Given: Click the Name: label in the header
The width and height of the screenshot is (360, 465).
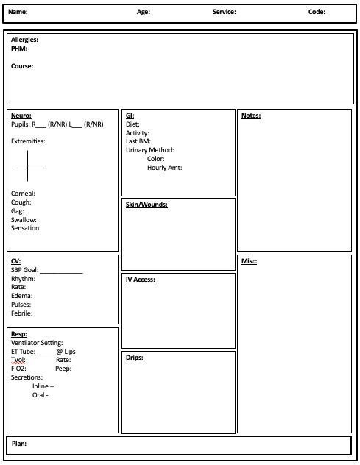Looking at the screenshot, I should (x=18, y=12).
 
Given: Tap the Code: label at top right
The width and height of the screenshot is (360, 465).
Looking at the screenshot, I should (x=317, y=12).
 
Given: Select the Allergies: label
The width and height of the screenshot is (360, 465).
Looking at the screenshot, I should (x=24, y=40).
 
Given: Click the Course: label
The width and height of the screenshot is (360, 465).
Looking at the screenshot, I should (x=22, y=66).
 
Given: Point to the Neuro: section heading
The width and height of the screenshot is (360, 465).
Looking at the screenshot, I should (x=21, y=116).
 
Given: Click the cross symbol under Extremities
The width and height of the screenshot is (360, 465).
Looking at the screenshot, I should (x=27, y=166).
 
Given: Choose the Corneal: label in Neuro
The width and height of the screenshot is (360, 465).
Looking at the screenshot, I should (x=23, y=194).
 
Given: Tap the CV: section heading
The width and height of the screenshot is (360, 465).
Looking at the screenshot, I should (x=16, y=261).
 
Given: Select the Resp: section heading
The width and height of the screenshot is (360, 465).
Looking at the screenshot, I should (x=19, y=334).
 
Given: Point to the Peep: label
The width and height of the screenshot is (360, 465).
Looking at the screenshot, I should (x=63, y=369).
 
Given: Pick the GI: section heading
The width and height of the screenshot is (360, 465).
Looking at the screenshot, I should (x=130, y=116).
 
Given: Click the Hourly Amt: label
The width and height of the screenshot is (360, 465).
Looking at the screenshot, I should (x=164, y=168).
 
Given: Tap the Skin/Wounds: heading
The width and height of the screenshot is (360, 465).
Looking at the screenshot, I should (x=147, y=205).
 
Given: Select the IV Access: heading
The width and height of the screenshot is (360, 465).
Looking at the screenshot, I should (x=141, y=280).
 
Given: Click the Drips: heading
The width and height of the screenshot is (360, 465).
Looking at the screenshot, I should (x=134, y=358).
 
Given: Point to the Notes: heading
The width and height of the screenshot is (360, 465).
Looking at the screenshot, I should (x=251, y=116).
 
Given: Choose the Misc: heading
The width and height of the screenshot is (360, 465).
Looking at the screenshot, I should (x=249, y=261).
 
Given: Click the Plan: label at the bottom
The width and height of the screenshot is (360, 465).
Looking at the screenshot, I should (x=19, y=444).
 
